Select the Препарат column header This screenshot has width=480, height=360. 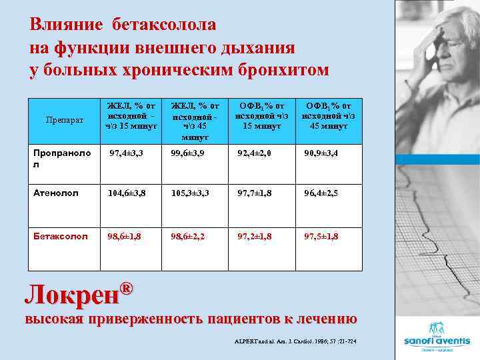tap(64, 120)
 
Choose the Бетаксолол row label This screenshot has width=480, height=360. tap(61, 236)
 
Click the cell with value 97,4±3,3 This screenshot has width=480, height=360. tap(127, 153)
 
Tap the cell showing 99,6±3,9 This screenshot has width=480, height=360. tap(191, 153)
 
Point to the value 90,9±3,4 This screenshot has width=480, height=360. tap(323, 153)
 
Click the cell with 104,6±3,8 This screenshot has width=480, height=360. tap(127, 193)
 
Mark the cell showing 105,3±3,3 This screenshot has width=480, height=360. tap(191, 193)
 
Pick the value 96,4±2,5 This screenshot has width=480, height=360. tap(323, 193)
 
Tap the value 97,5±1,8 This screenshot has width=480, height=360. tap(323, 236)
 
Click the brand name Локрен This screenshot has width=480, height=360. tap(71, 295)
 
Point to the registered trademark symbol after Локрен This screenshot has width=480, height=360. tap(126, 287)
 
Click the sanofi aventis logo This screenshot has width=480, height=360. tap(437, 337)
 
